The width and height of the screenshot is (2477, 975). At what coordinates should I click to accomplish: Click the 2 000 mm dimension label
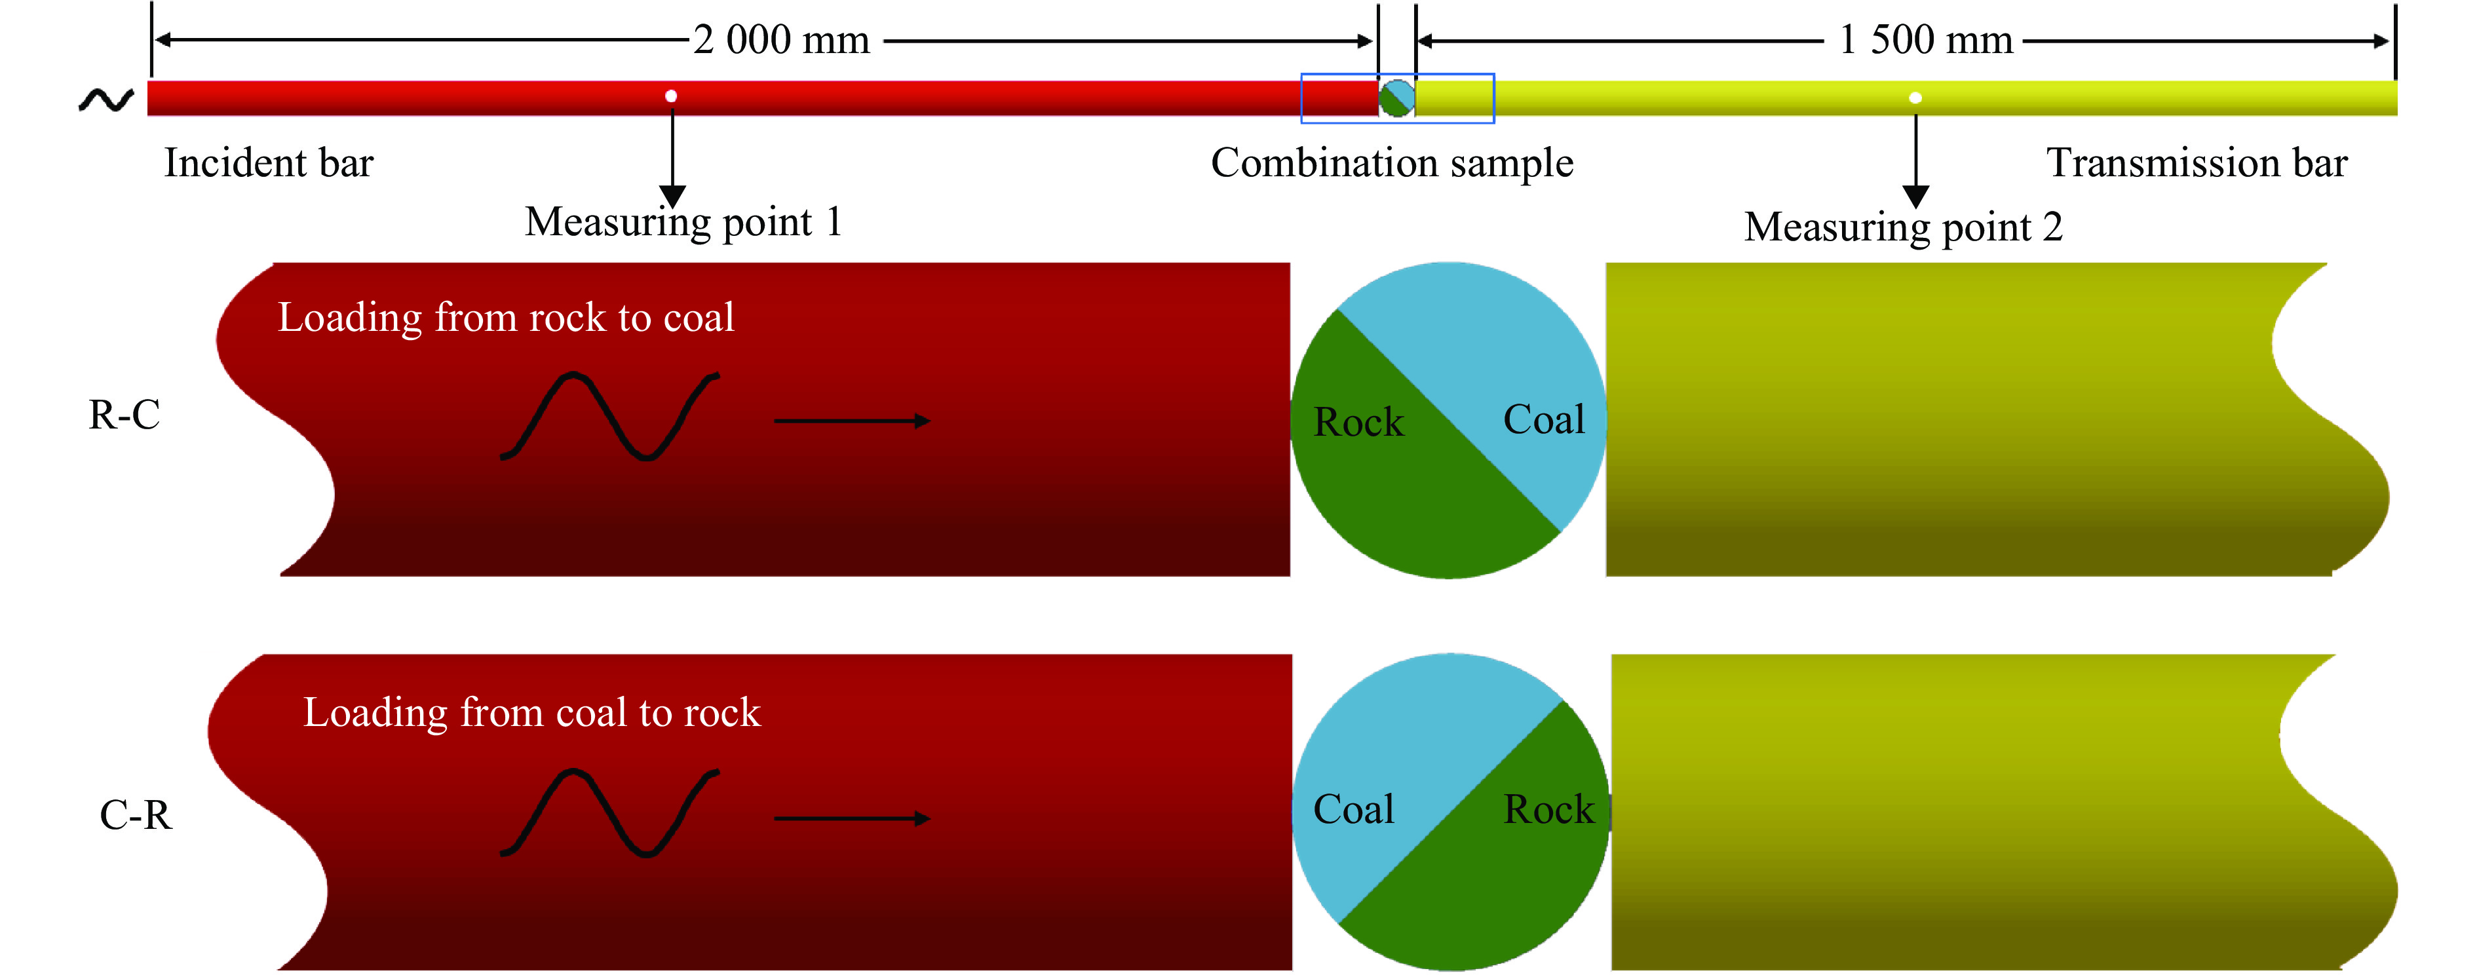(781, 41)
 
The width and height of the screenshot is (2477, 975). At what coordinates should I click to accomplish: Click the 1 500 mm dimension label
(1925, 41)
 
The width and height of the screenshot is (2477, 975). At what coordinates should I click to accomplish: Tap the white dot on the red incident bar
(671, 96)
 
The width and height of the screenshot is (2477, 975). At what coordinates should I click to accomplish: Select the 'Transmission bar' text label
(2197, 162)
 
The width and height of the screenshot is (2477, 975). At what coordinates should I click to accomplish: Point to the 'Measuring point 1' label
(683, 222)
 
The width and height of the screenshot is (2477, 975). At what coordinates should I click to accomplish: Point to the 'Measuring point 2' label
(1903, 227)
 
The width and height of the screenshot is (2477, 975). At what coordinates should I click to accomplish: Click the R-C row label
(124, 414)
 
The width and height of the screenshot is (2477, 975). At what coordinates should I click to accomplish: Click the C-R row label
(136, 815)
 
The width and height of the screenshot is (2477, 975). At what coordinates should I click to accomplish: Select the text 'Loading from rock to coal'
(506, 317)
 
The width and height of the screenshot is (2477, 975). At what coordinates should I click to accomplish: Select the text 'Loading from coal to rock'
(531, 712)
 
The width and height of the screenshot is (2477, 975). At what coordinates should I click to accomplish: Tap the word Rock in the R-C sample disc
(1358, 422)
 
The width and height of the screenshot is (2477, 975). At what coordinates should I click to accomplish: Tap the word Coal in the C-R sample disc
(1354, 810)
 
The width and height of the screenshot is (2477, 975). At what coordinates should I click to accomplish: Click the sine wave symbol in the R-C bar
(609, 415)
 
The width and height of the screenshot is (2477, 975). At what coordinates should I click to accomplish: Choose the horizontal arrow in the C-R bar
(852, 818)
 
